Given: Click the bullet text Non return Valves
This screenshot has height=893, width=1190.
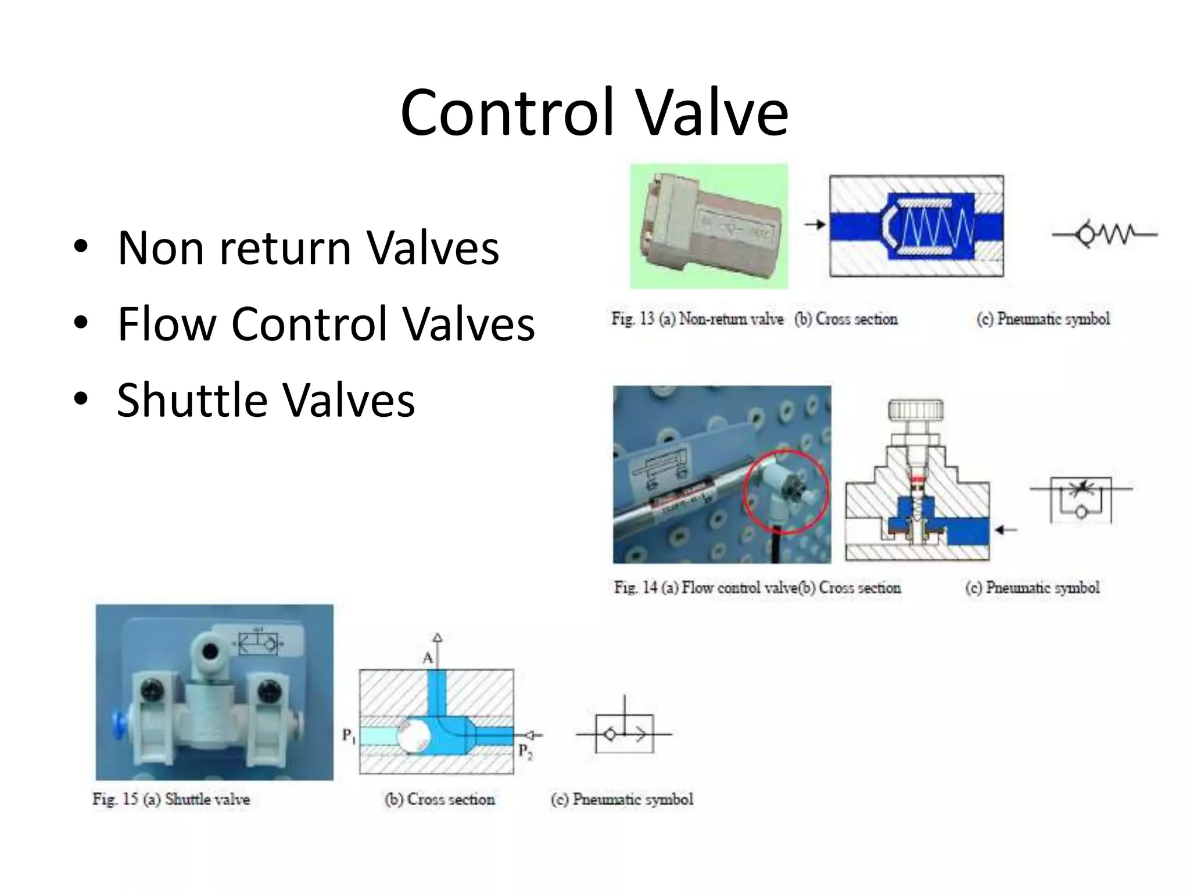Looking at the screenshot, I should (x=308, y=248).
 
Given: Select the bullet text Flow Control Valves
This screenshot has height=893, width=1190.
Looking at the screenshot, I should (x=325, y=324).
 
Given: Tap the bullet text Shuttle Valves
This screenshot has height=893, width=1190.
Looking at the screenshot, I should (x=266, y=400).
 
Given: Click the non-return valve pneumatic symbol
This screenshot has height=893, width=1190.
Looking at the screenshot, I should (x=1104, y=234).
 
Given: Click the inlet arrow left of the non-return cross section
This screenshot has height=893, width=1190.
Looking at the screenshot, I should (x=815, y=224).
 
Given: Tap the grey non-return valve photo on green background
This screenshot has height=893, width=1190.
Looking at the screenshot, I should (x=709, y=227).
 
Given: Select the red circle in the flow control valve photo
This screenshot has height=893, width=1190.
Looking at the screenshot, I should (x=786, y=491).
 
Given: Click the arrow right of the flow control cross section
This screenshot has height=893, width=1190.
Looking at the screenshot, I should (x=1005, y=530).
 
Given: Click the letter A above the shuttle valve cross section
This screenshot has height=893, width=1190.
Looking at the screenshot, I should (x=428, y=658).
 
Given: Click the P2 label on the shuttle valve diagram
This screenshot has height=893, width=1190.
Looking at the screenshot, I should (x=525, y=751).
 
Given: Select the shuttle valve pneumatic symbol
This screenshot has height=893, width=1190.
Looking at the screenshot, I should (x=624, y=733).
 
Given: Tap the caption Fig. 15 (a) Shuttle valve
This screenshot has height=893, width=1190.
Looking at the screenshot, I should (x=171, y=799).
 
